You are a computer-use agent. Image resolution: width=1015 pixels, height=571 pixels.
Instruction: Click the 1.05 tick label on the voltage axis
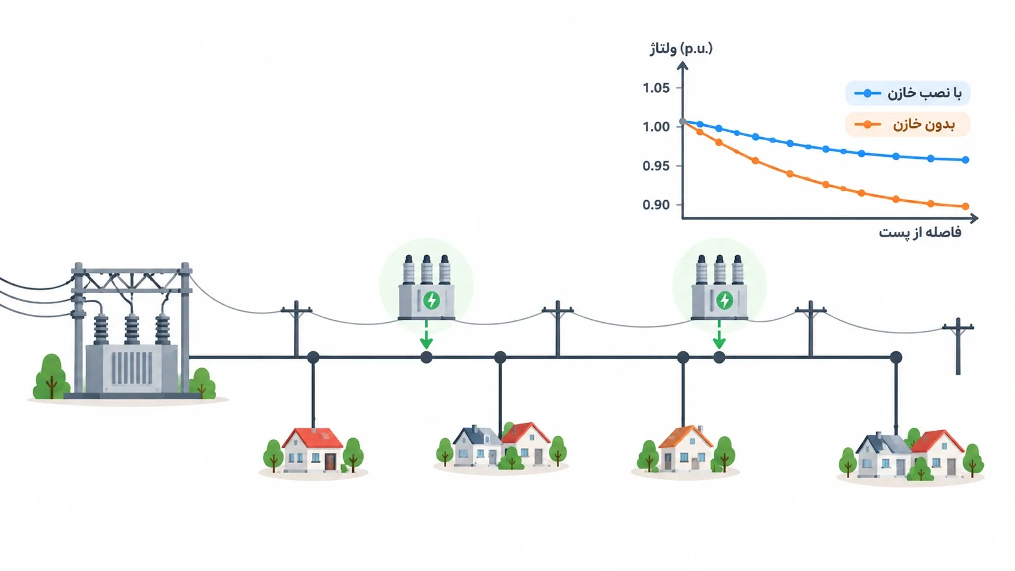[656, 88]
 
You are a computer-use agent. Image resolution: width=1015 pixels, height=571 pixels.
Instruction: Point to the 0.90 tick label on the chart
[656, 205]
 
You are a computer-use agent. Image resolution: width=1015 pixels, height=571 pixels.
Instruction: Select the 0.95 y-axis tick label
[656, 166]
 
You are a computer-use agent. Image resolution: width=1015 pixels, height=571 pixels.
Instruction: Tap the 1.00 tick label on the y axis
[656, 127]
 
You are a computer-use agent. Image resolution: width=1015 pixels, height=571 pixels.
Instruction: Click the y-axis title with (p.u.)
[681, 49]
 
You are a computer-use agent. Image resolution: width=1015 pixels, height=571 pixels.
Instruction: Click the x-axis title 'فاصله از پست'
[920, 233]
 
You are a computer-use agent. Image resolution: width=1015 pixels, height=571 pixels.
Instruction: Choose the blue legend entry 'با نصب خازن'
[908, 93]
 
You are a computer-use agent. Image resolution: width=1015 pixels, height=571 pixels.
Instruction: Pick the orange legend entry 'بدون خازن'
[908, 124]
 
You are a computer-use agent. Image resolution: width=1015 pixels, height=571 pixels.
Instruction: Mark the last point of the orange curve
[965, 206]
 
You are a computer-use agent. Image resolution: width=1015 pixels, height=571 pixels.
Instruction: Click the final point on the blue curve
[965, 160]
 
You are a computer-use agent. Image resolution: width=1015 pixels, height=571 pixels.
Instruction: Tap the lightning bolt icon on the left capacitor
[432, 300]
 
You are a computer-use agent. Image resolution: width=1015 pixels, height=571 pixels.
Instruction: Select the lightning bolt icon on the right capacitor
[724, 300]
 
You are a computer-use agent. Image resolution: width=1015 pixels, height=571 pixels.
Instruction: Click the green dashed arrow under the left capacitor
[426, 334]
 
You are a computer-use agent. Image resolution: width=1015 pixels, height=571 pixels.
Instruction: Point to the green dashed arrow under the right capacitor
[719, 334]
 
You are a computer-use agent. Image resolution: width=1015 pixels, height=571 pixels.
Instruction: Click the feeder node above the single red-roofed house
[313, 357]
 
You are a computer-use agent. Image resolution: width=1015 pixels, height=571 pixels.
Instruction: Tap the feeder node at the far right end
[896, 357]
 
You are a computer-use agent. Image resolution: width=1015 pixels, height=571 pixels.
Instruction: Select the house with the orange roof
[685, 448]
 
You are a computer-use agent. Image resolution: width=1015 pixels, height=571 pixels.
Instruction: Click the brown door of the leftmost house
[330, 462]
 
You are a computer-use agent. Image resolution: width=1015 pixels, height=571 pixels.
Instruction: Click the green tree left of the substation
[51, 377]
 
